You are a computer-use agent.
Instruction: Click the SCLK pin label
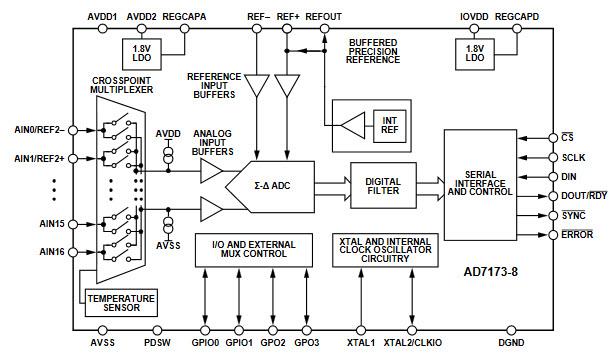[x=575, y=157]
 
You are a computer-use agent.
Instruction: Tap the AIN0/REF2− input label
[x=37, y=130]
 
